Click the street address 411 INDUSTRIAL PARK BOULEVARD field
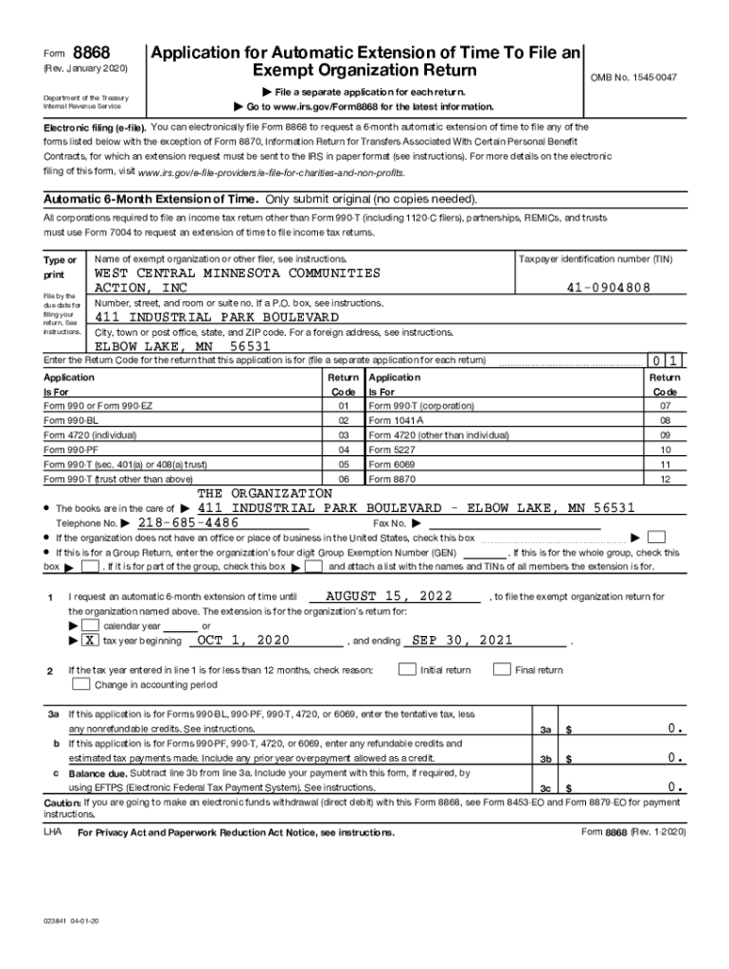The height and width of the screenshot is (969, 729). pyautogui.click(x=217, y=317)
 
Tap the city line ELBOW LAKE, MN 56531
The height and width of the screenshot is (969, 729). pyautogui.click(x=183, y=346)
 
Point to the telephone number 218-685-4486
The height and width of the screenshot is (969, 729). pyautogui.click(x=187, y=522)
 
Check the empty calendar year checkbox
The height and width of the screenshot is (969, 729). pyautogui.click(x=89, y=626)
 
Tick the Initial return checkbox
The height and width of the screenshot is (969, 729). pyautogui.click(x=406, y=669)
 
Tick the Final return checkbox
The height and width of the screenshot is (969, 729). pyautogui.click(x=502, y=669)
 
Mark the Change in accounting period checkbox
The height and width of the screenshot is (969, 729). pyautogui.click(x=81, y=684)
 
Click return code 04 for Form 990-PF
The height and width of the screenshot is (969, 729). pyautogui.click(x=343, y=449)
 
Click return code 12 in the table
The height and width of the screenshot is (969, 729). pyautogui.click(x=665, y=480)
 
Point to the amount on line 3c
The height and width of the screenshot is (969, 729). pyautogui.click(x=675, y=786)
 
